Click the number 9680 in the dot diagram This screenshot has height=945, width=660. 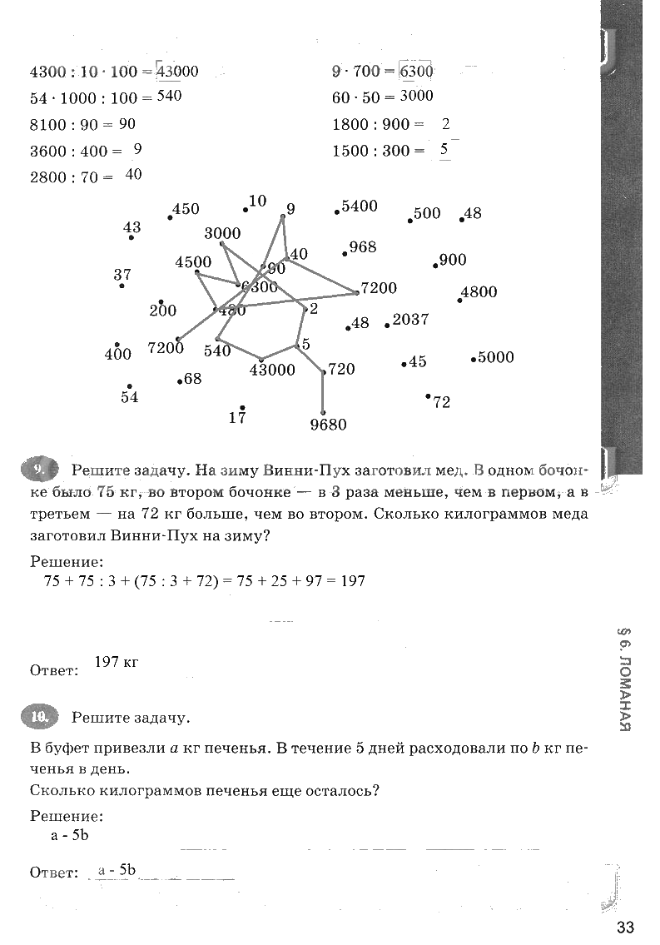[x=327, y=425]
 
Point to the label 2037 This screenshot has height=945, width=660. [x=410, y=320]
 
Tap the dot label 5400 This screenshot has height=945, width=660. [x=360, y=206]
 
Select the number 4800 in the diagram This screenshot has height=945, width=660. [x=479, y=292]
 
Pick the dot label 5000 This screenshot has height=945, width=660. [x=496, y=358]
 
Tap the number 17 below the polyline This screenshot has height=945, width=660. [x=237, y=418]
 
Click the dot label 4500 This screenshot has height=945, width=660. [x=193, y=262]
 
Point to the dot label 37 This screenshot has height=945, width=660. [x=122, y=275]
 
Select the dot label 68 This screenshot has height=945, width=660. [x=193, y=379]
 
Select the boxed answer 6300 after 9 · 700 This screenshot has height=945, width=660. [x=416, y=72]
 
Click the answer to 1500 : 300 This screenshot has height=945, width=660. [x=444, y=150]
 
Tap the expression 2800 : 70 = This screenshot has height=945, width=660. [x=71, y=177]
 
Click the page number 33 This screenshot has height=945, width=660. [x=626, y=928]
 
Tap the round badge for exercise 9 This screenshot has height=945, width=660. [x=38, y=470]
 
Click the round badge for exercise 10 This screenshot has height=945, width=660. [x=38, y=715]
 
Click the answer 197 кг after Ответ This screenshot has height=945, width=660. [x=116, y=663]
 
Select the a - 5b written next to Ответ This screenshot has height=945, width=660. [x=117, y=871]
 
